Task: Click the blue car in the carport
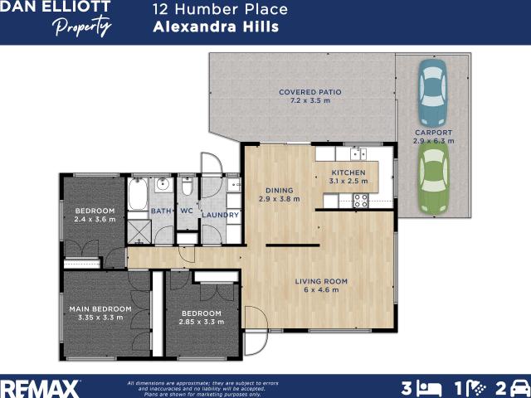click(432, 91)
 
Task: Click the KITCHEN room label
click(348, 172)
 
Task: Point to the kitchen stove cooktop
click(361, 200)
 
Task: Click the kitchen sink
click(358, 153)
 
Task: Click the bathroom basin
click(163, 184)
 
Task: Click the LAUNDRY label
click(220, 216)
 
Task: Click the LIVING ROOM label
click(321, 281)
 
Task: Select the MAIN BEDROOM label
click(100, 308)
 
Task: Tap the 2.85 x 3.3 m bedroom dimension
click(202, 321)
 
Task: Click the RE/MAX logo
click(40, 387)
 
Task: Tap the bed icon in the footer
click(429, 387)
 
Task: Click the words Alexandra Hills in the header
click(216, 27)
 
